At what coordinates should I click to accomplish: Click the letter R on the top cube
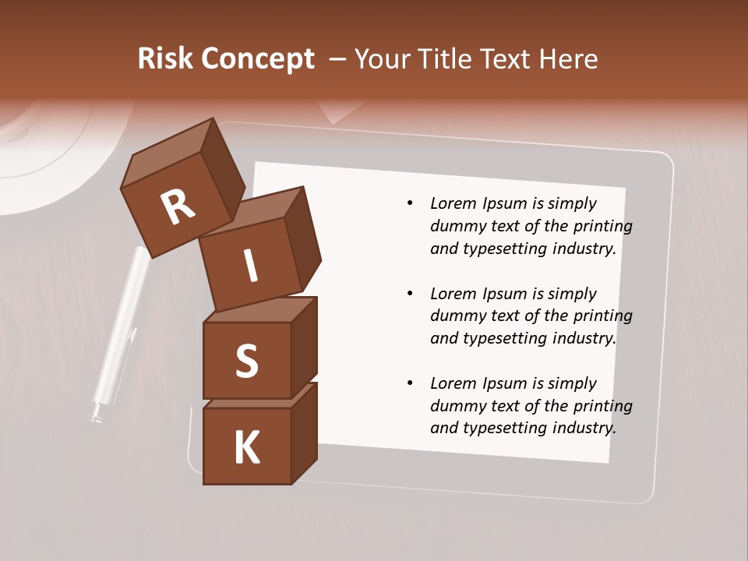pyautogui.click(x=178, y=206)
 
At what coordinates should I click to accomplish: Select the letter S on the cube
pyautogui.click(x=246, y=361)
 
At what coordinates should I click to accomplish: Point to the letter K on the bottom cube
pyautogui.click(x=246, y=448)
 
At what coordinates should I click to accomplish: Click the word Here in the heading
pyautogui.click(x=570, y=59)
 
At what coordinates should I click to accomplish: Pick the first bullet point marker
pyautogui.click(x=410, y=204)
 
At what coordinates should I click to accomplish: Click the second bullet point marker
pyautogui.click(x=410, y=294)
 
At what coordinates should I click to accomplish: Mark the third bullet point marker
pyautogui.click(x=410, y=383)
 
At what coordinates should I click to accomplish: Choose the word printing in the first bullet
pyautogui.click(x=600, y=227)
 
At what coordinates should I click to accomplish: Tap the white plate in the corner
pyautogui.click(x=47, y=156)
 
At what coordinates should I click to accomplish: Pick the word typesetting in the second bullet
pyautogui.click(x=503, y=338)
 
